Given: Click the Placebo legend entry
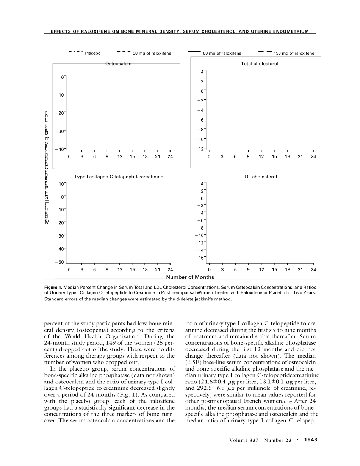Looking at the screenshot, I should [x=92, y=53].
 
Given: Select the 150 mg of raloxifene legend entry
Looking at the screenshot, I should [x=294, y=53].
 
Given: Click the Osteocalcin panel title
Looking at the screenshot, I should [x=118, y=64].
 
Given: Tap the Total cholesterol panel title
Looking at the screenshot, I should [x=260, y=64].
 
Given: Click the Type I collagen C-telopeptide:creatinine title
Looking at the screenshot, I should [x=119, y=177].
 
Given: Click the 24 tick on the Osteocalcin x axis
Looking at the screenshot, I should [x=170, y=156].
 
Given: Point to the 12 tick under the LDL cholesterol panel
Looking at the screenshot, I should [x=261, y=270].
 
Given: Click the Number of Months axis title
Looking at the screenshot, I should [x=190, y=277].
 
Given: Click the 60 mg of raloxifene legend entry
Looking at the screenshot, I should [x=222, y=53].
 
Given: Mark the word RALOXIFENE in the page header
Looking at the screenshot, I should [x=95, y=31].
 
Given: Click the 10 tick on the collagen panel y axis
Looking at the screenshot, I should [x=61, y=184].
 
